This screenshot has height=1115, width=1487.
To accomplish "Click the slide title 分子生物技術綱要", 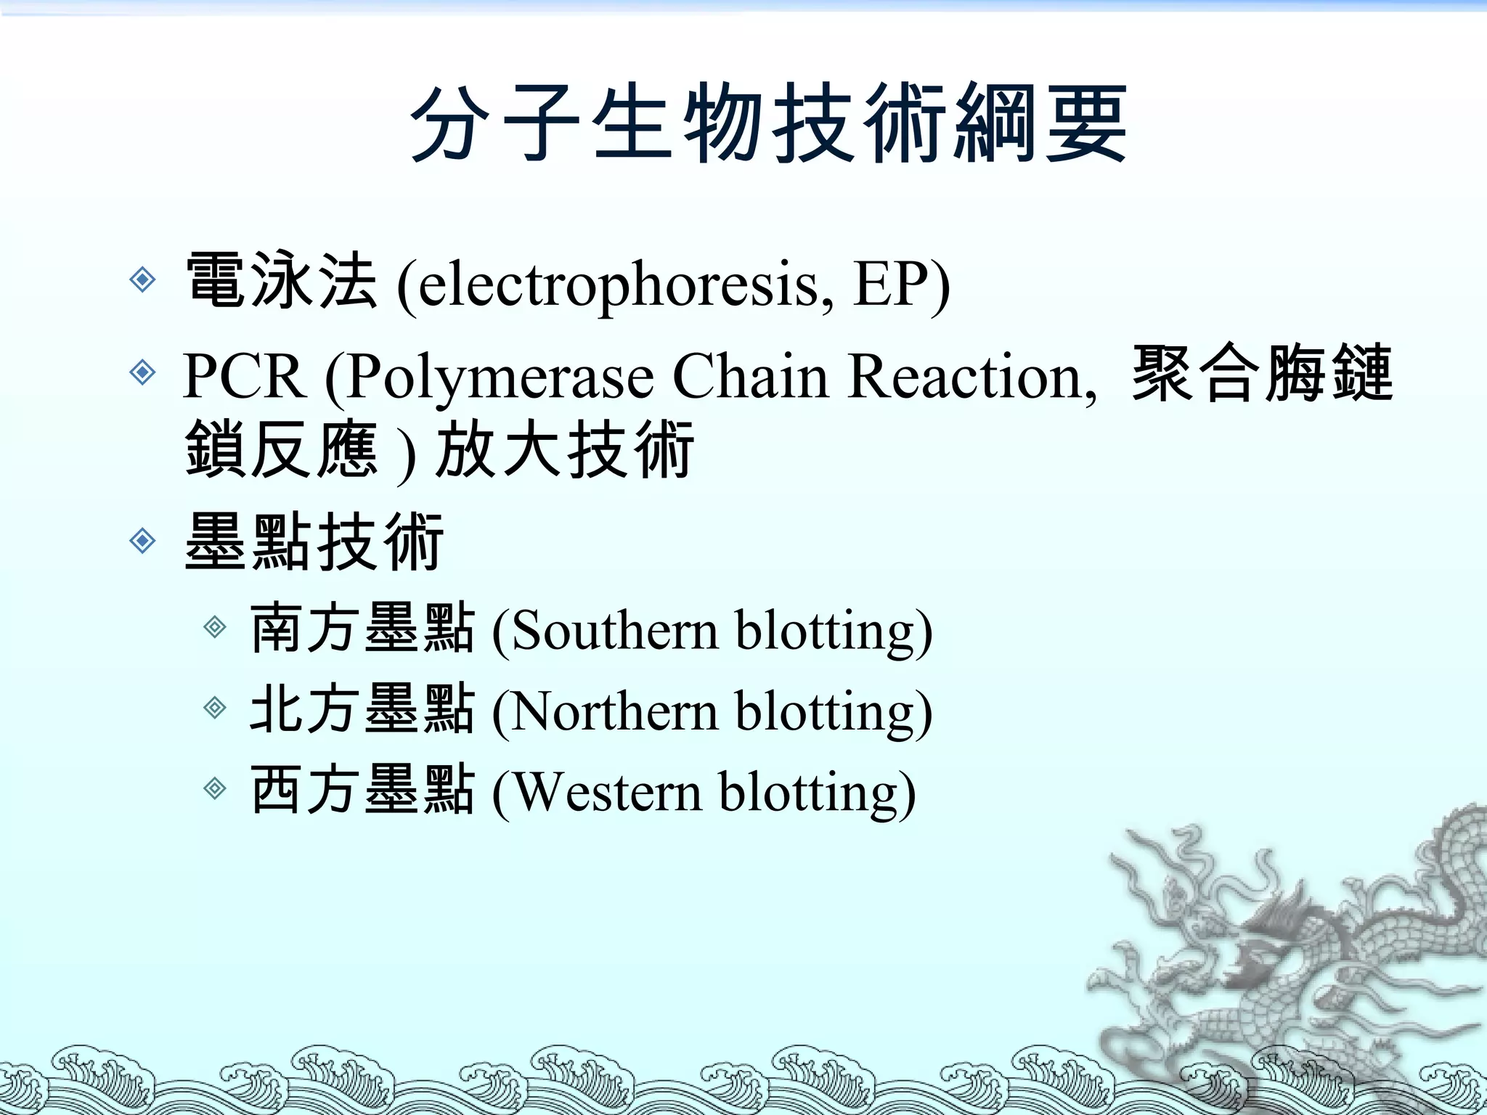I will pos(768,123).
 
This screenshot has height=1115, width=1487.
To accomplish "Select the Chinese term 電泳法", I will pos(282,282).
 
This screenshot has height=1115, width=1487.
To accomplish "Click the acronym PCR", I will pos(243,377).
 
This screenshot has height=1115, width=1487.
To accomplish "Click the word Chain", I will pos(751,377).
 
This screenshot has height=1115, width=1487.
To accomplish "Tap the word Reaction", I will pos(970,377).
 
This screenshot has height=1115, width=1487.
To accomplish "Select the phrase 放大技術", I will pos(565,452).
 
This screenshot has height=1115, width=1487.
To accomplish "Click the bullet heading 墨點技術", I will pos(314,542).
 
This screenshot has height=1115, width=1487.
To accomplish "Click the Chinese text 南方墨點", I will pos(362,629).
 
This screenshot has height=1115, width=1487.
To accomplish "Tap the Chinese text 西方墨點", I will pos(362,791).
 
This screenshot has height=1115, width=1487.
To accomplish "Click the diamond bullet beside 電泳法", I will pos(142,279).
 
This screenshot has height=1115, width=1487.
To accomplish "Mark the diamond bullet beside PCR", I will pos(142,372).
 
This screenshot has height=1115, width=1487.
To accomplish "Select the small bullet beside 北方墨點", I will pos(215,707).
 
